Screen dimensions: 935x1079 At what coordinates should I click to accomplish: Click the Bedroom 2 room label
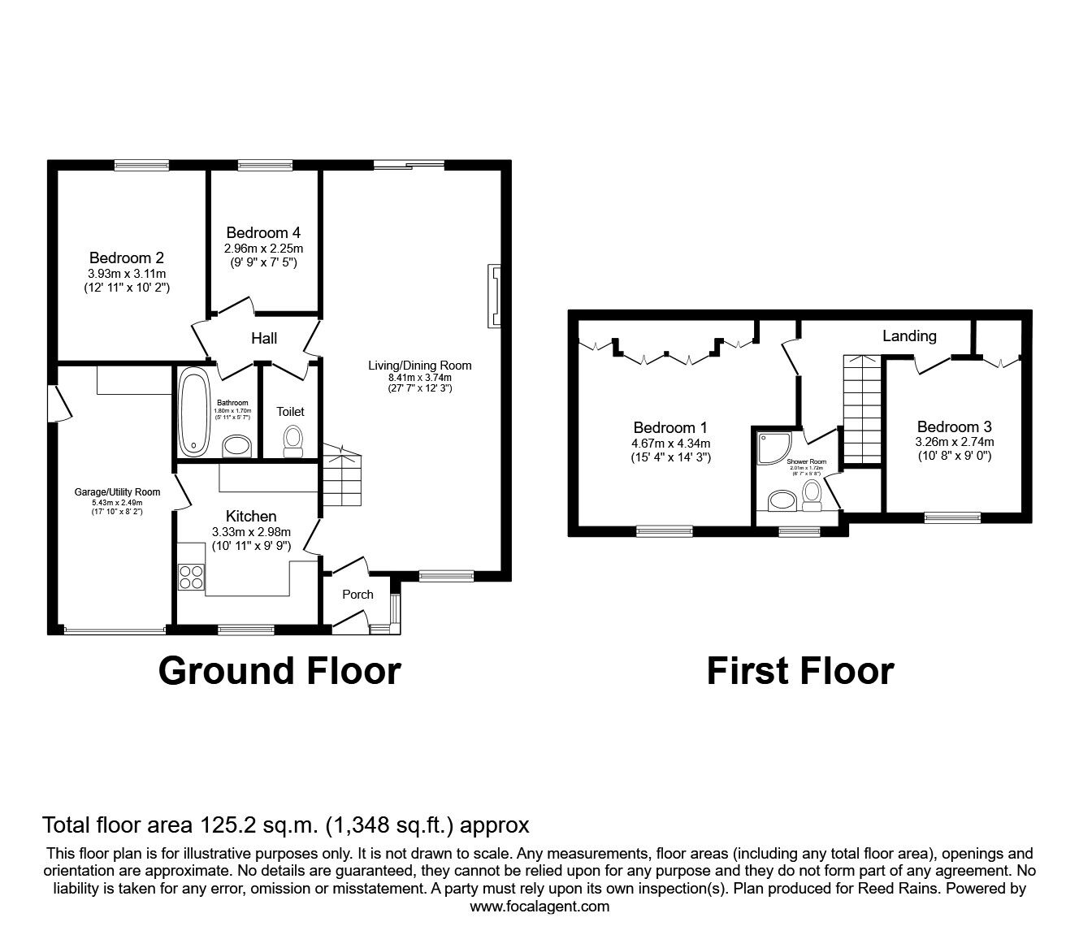tap(126, 259)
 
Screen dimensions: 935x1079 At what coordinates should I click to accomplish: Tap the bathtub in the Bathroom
tap(194, 413)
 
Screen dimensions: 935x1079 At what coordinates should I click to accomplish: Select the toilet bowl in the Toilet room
tap(292, 439)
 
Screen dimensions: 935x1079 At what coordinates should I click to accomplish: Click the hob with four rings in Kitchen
tap(192, 576)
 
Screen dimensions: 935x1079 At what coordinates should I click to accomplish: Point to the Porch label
tap(357, 594)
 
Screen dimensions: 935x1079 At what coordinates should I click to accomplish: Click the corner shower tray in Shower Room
tap(769, 448)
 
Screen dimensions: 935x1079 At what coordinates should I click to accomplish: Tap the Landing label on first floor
tap(909, 335)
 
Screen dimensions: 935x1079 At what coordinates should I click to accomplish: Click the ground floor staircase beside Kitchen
tap(340, 479)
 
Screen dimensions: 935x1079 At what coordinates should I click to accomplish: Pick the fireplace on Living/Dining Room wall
tap(494, 296)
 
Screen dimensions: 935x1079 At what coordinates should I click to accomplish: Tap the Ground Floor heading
tap(279, 672)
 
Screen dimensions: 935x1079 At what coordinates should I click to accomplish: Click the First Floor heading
tap(799, 672)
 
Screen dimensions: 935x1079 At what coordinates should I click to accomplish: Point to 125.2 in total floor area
tap(228, 825)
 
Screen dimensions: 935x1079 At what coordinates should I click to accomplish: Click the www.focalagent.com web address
tap(539, 906)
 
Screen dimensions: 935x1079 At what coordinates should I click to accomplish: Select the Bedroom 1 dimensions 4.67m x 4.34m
tap(670, 443)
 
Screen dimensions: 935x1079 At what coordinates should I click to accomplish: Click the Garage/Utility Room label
tap(117, 491)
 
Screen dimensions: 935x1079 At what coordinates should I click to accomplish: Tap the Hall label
tap(264, 338)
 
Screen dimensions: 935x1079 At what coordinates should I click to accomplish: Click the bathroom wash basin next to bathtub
tap(237, 446)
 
